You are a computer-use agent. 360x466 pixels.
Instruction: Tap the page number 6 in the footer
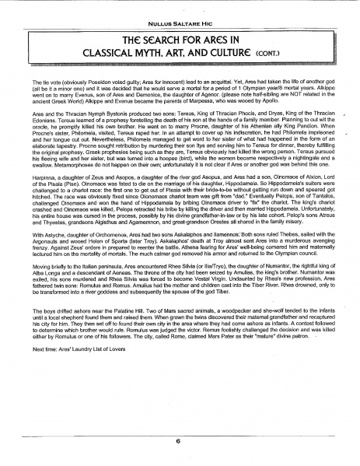(178, 440)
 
